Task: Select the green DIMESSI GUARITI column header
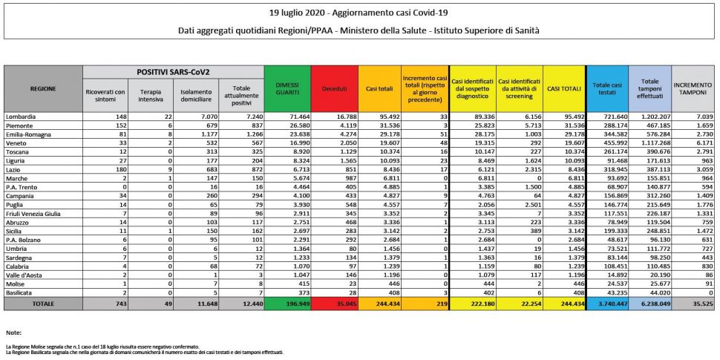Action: tap(287, 88)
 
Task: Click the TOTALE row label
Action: tap(42, 304)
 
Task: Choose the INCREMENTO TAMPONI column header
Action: tap(693, 88)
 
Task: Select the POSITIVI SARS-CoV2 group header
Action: tap(173, 72)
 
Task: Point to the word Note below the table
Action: tap(12, 333)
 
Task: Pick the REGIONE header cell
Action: tap(42, 88)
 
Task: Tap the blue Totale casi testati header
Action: tap(606, 88)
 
